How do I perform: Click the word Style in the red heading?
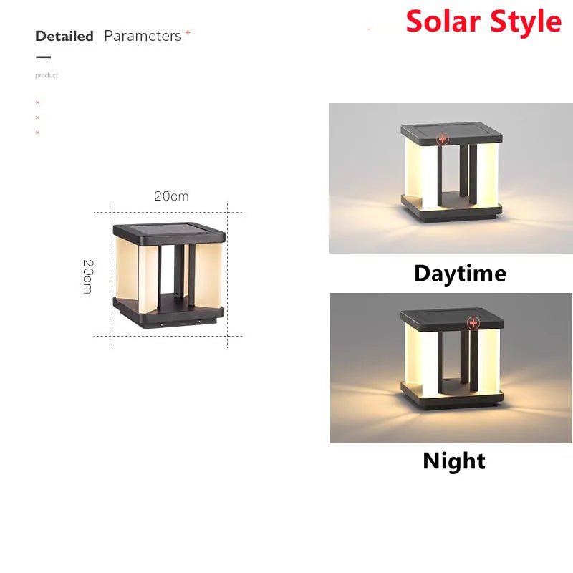522,21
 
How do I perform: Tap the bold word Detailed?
64,36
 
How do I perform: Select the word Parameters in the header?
143,36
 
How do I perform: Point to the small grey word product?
47,75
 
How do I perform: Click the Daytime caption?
460,273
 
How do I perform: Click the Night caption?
454,461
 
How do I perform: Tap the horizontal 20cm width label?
171,196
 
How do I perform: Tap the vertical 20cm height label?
87,276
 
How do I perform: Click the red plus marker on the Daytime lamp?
443,138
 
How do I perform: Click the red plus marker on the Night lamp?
473,323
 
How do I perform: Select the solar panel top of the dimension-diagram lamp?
170,232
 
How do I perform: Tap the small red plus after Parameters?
188,32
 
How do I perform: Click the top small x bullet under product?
37,102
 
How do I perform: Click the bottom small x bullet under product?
37,132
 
